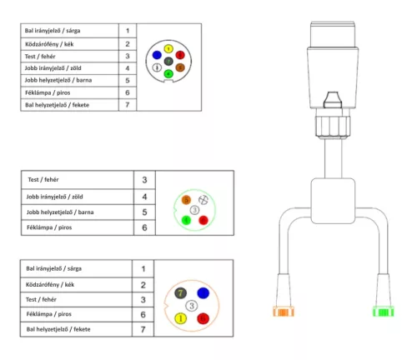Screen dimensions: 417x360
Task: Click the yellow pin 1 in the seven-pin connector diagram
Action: [x=168, y=49]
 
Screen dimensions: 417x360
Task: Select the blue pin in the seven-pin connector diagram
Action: [x=157, y=55]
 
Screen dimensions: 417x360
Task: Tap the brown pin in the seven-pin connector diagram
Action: [x=180, y=67]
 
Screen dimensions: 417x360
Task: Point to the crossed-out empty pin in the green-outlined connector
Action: [x=203, y=200]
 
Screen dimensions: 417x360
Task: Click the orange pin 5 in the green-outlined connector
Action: [x=186, y=200]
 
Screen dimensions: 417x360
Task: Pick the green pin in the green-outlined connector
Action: [x=186, y=220]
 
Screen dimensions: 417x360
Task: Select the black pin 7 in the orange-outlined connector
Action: [x=180, y=293]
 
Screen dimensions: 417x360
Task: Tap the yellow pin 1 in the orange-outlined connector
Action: [x=180, y=318]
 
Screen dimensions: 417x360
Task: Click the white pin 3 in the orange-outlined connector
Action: [x=192, y=306]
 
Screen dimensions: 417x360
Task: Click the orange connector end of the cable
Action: [x=284, y=312]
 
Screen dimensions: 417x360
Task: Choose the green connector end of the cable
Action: [x=384, y=312]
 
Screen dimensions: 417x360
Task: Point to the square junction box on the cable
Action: [x=333, y=201]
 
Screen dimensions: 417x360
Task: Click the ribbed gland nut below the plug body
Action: [x=333, y=127]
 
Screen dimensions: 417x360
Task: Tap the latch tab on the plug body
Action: [x=333, y=100]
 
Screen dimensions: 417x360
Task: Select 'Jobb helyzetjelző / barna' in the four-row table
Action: [x=60, y=212]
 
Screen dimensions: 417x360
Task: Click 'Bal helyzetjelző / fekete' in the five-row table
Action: [x=58, y=329]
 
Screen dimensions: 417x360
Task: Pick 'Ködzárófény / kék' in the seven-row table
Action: [x=49, y=44]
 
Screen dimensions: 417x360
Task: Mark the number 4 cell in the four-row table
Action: [x=144, y=197]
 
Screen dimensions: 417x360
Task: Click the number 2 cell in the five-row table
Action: [x=143, y=285]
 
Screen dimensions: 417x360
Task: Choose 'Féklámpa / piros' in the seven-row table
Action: [x=48, y=92]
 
